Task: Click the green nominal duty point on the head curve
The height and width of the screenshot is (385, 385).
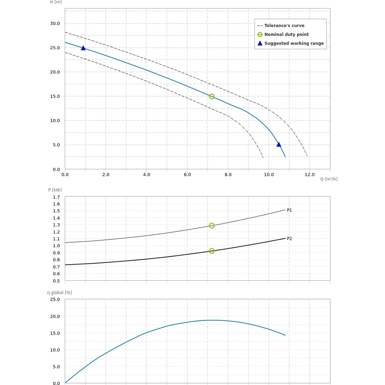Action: (212, 97)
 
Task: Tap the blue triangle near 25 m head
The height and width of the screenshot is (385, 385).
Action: (83, 48)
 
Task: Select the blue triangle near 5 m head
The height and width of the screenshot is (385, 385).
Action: (279, 145)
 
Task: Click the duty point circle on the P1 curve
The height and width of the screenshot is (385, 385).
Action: (212, 226)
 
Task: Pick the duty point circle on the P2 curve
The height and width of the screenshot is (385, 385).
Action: (212, 251)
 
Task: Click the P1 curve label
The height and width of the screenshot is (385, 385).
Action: (290, 210)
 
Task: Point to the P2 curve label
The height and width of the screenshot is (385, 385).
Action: (290, 239)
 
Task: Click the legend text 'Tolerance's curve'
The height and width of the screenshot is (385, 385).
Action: (284, 26)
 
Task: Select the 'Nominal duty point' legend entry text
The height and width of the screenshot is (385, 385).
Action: (286, 35)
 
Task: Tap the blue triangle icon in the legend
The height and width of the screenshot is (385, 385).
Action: (260, 44)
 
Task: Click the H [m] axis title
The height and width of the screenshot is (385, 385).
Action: (56, 2)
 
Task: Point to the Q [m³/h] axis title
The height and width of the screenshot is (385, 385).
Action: (329, 179)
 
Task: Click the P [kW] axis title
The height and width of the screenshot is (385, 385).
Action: (55, 190)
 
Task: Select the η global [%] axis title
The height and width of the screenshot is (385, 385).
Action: (60, 293)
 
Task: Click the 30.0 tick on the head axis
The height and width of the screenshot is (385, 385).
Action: (55, 23)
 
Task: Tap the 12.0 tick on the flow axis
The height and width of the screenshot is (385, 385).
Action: (310, 175)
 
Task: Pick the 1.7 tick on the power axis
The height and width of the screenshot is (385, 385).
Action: (56, 197)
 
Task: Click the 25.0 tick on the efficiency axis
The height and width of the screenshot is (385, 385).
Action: (55, 300)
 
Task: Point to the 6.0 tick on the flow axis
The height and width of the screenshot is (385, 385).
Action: (187, 175)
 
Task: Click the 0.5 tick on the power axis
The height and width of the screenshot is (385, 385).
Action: (56, 281)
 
